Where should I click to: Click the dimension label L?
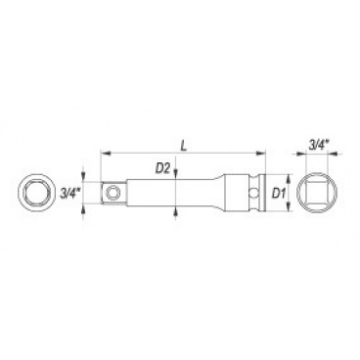coord(184,146)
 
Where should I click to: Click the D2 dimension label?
coord(162,168)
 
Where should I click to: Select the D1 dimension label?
coord(279,195)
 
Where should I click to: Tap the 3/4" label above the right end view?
coord(318,146)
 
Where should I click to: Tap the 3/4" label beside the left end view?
coord(70,194)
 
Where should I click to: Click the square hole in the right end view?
coord(317,193)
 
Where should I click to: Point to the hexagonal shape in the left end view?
coord(36,193)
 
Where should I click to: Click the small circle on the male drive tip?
coord(113,193)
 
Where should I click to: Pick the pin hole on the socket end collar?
coord(251,193)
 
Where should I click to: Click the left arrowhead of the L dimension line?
coord(106,153)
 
